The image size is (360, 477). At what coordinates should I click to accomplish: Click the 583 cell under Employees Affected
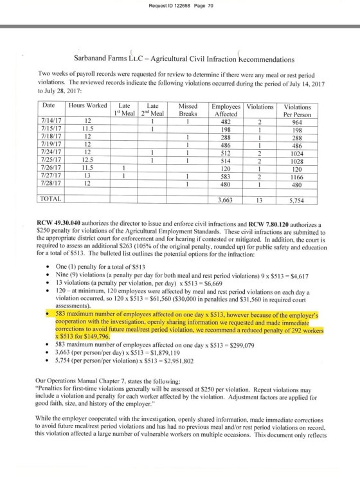pyautogui.click(x=226, y=175)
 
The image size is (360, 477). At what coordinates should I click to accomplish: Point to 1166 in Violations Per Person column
pyautogui.click(x=297, y=175)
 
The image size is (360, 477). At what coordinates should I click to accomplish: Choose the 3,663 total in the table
pyautogui.click(x=225, y=199)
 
